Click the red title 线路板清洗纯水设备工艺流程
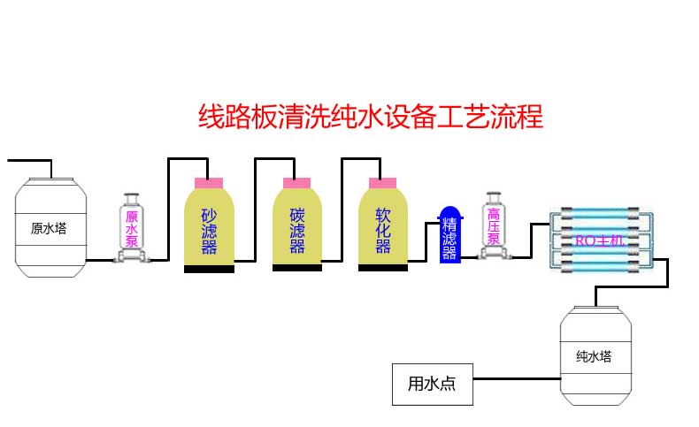369,117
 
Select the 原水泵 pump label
132,228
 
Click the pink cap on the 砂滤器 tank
209,182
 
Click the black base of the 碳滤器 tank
297,267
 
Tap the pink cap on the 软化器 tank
383,182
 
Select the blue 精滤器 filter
449,236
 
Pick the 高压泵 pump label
494,226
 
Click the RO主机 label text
599,240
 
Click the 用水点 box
433,385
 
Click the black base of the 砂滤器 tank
209,268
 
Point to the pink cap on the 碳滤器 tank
297,182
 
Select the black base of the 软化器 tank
383,267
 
